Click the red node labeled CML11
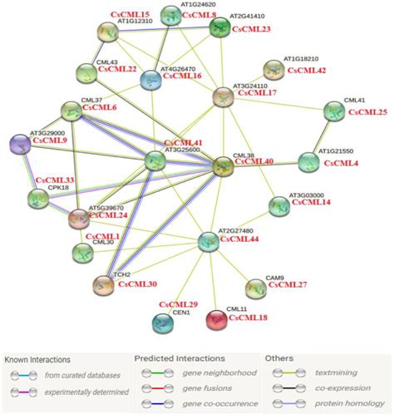[218, 319]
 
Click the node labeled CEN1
[163, 319]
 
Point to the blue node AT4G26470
[150, 80]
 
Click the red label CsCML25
[367, 111]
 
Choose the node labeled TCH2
[102, 284]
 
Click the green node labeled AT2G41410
[220, 28]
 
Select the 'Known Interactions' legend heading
[38, 359]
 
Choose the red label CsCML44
[259, 239]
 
